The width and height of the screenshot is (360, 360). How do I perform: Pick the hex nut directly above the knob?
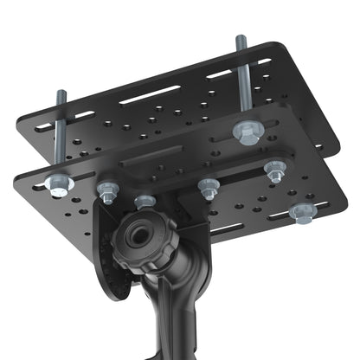click(145, 202)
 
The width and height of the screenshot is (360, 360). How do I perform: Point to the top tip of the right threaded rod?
click(238, 38)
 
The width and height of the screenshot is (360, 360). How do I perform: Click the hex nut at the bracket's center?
click(208, 187)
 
